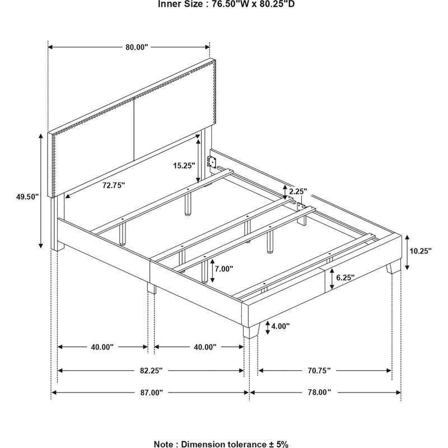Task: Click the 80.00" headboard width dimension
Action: [x=137, y=47]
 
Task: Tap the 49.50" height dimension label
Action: [x=27, y=197]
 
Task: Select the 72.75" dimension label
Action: [x=114, y=185]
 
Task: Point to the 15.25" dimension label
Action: [x=184, y=165]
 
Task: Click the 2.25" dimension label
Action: [x=298, y=191]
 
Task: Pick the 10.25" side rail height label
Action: [x=421, y=251]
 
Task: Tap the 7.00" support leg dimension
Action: [x=224, y=269]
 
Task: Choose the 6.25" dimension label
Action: [x=345, y=277]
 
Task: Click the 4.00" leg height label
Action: [x=281, y=326]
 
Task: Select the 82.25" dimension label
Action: [x=151, y=370]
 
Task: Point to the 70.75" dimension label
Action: [x=319, y=370]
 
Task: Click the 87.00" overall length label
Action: [x=151, y=393]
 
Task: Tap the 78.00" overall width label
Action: [x=319, y=392]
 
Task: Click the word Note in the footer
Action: [x=165, y=444]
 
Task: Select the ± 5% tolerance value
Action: [x=278, y=444]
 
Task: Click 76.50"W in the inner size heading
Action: [x=229, y=4]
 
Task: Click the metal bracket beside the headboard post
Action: [x=212, y=161]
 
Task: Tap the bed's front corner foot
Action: [x=251, y=331]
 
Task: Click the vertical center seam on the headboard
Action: [x=134, y=129]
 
